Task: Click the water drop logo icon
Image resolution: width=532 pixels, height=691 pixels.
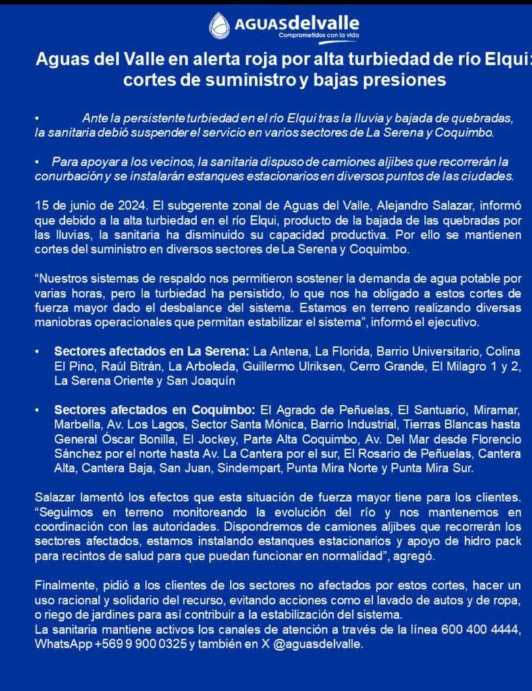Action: tap(219, 26)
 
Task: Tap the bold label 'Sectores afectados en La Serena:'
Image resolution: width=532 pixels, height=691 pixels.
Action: tap(152, 352)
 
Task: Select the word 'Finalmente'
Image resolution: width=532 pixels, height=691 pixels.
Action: tap(65, 585)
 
